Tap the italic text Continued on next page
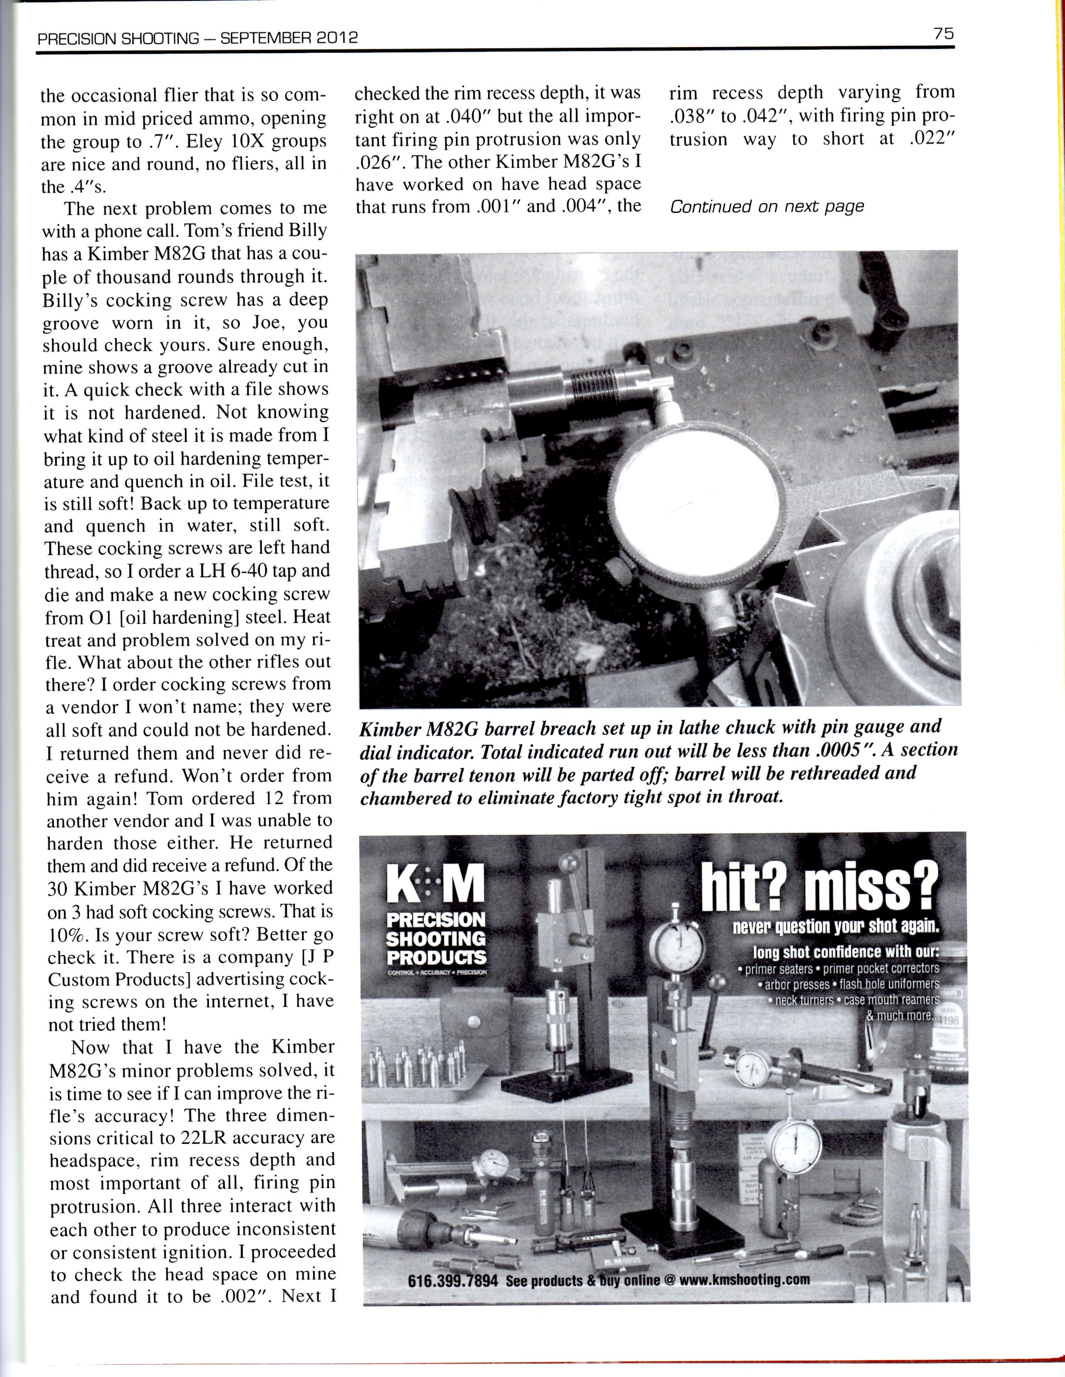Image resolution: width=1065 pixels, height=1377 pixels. (766, 207)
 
